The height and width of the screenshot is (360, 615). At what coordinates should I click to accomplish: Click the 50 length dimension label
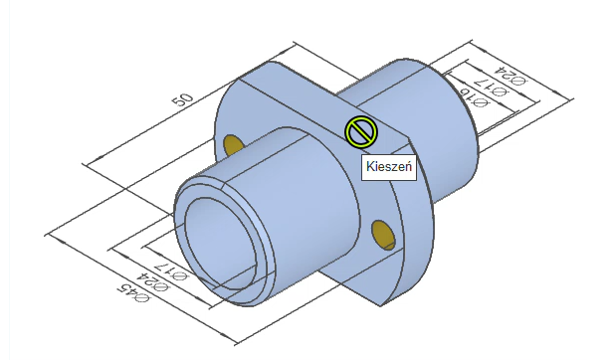point(183,99)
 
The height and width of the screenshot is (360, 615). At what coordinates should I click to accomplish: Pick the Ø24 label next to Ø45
point(153,282)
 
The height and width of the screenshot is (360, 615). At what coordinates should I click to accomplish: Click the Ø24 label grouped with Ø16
point(510,76)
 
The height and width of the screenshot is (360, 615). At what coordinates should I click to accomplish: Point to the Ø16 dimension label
point(475,98)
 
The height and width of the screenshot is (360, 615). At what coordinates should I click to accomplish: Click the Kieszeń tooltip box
point(389,166)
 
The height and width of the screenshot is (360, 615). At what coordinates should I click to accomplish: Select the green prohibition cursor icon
point(361,132)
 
